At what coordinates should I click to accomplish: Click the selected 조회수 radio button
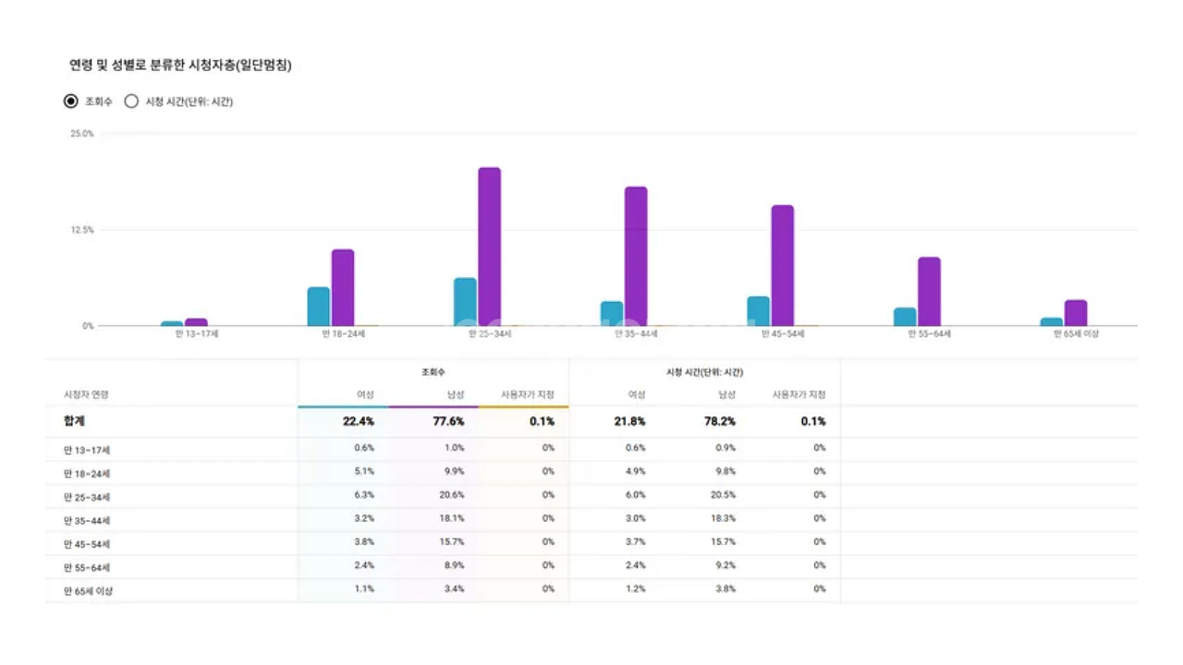click(71, 102)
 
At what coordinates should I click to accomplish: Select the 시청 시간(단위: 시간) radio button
click(131, 102)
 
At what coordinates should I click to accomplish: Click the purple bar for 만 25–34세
click(489, 247)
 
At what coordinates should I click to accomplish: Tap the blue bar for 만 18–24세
click(319, 307)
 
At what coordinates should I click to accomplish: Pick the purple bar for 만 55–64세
click(929, 291)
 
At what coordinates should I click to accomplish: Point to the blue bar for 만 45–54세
click(758, 311)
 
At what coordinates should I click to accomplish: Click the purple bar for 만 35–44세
click(636, 256)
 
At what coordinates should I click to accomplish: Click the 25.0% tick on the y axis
click(81, 134)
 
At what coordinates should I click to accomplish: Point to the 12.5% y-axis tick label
click(81, 230)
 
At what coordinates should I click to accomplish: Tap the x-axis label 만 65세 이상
click(1076, 334)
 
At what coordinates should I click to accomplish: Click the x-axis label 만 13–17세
click(197, 334)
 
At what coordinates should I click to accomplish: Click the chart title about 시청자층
click(181, 66)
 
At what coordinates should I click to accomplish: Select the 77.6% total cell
click(448, 421)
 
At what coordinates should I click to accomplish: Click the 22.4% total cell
click(358, 421)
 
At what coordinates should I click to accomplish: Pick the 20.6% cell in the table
click(452, 495)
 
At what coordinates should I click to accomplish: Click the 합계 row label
click(75, 421)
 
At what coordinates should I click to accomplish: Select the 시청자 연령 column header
click(86, 395)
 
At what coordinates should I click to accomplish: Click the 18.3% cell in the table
click(724, 519)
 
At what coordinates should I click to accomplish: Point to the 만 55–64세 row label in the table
click(88, 567)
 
